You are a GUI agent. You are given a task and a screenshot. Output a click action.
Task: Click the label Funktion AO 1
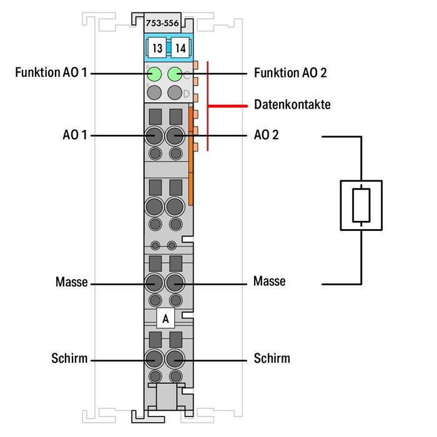pyautogui.click(x=52, y=73)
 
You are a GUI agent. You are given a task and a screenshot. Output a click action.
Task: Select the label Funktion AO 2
pyautogui.click(x=290, y=73)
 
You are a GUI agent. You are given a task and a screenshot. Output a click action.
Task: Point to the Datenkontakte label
pyautogui.click(x=292, y=104)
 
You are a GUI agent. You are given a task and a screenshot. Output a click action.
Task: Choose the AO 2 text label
pyautogui.click(x=267, y=135)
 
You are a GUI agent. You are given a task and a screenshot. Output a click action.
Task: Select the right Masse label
pyautogui.click(x=269, y=282)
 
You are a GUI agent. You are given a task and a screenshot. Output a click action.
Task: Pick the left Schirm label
pyautogui.click(x=70, y=359)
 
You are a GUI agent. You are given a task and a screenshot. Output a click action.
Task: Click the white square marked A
pyautogui.click(x=165, y=318)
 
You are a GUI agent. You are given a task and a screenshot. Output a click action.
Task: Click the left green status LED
pyautogui.click(x=154, y=75)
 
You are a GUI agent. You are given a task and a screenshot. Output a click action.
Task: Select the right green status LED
pyautogui.click(x=175, y=75)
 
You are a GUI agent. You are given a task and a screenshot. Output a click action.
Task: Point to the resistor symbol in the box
pyautogui.click(x=361, y=207)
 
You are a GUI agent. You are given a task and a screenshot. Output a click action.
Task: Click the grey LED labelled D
pyautogui.click(x=175, y=94)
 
